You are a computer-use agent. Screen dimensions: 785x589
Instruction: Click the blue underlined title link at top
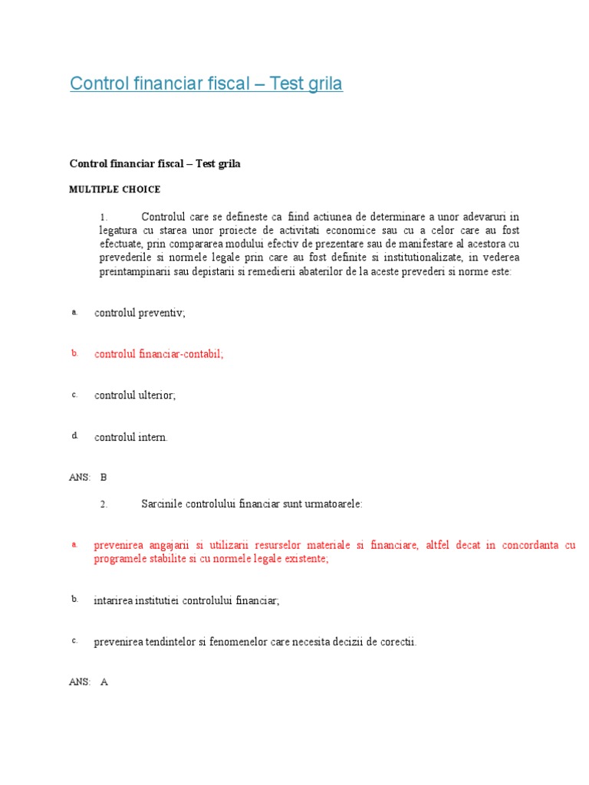click(206, 84)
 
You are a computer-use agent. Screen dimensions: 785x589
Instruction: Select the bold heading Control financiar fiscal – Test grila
click(155, 164)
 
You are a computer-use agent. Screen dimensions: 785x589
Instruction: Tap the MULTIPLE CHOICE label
click(115, 189)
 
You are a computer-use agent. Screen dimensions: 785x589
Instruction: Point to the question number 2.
click(104, 504)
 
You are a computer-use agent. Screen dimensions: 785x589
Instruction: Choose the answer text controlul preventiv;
click(140, 313)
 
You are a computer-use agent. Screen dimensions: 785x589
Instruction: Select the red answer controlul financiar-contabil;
click(159, 354)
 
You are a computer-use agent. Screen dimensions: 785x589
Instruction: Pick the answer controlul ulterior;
click(135, 396)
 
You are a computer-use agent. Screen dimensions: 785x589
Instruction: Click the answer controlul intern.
click(130, 437)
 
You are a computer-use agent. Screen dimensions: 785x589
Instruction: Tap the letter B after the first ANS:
click(104, 477)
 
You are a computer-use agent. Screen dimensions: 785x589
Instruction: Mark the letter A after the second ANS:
click(104, 682)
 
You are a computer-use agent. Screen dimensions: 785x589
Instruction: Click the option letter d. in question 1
click(75, 435)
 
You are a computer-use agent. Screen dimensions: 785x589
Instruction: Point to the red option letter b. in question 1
click(75, 353)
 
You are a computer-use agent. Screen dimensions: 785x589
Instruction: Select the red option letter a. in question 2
click(74, 544)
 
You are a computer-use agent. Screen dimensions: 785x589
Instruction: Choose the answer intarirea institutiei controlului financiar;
click(186, 601)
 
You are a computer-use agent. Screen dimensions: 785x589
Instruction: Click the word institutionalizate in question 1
click(421, 258)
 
